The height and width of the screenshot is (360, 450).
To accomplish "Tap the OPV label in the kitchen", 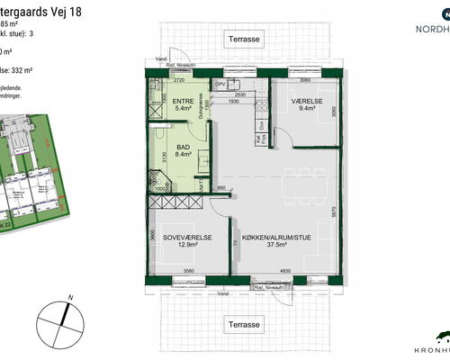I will [x=218, y=85].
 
